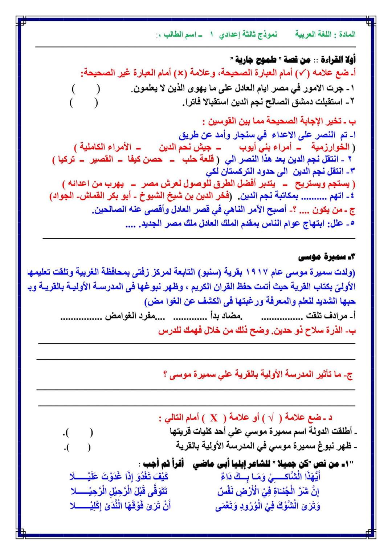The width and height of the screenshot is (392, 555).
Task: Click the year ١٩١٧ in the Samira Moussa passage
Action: pyautogui.click(x=257, y=272)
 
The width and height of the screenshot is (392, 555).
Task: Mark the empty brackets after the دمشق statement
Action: pyautogui.click(x=83, y=103)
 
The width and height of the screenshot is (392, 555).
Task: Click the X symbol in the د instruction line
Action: pyautogui.click(x=214, y=419)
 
